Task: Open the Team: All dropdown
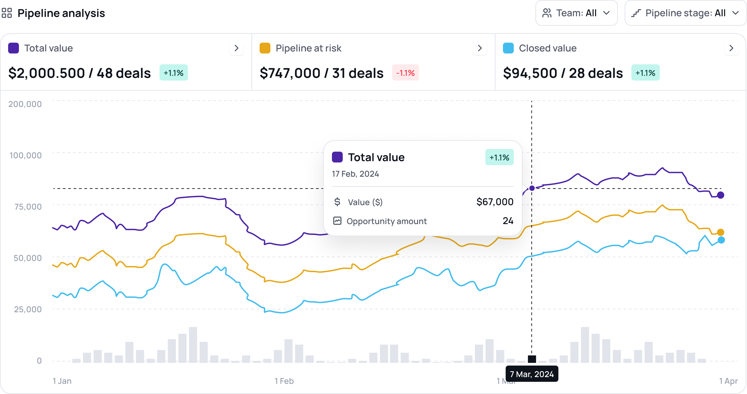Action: pos(576,13)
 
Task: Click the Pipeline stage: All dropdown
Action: pos(685,13)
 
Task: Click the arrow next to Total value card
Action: pos(237,48)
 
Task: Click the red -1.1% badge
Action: pos(405,73)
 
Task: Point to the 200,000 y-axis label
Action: pos(25,104)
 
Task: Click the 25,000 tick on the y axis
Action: pos(28,309)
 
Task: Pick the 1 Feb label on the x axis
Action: pos(284,381)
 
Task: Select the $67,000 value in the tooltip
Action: pos(495,202)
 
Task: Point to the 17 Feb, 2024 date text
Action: pos(355,174)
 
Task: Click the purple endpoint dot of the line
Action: pos(721,195)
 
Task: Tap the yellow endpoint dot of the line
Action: pos(721,232)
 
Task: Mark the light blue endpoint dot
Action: pos(721,240)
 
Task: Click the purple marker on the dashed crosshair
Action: pos(532,188)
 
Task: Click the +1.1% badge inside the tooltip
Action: pos(499,157)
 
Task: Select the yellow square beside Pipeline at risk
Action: pos(265,48)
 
